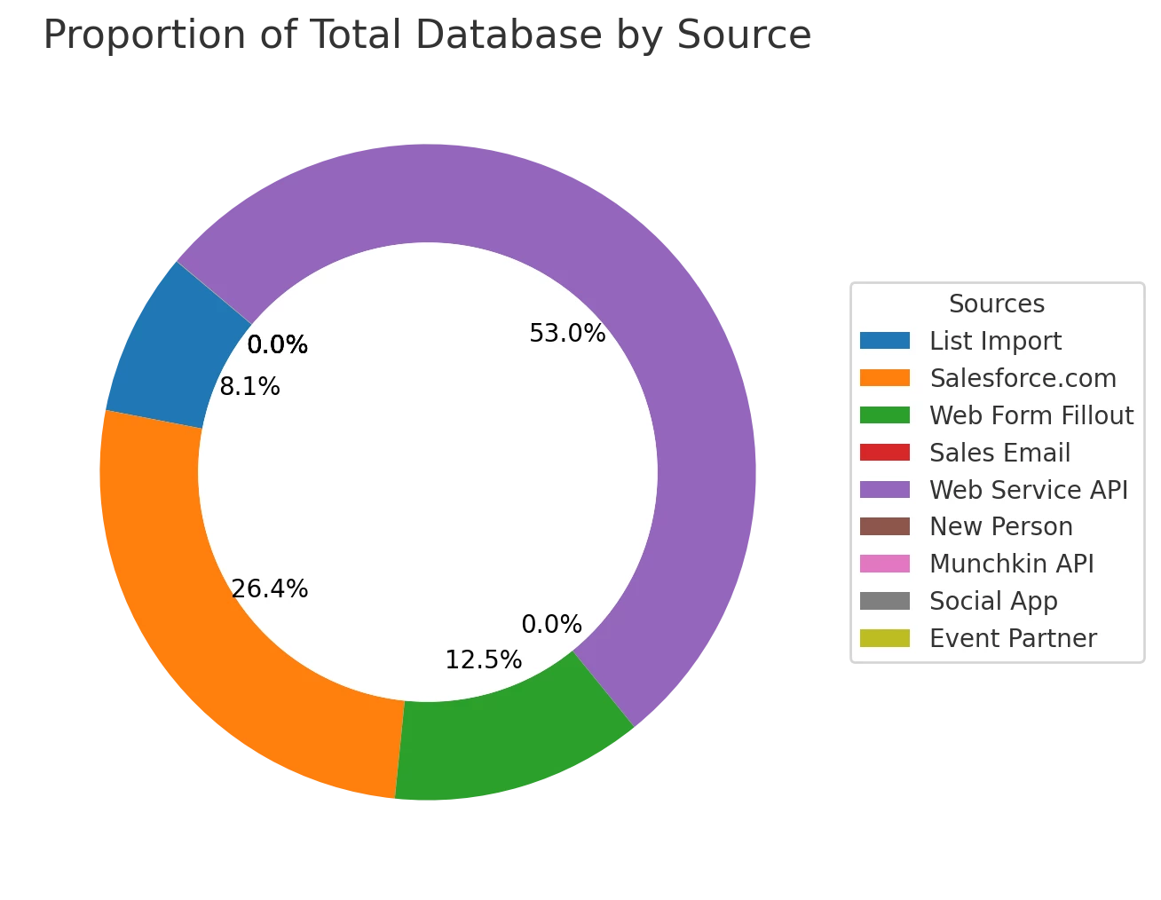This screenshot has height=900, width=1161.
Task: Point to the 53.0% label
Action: tap(567, 334)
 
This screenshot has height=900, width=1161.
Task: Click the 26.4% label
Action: tap(270, 588)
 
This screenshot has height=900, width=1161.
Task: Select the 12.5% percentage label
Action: tap(484, 660)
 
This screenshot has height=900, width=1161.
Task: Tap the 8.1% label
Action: tap(250, 387)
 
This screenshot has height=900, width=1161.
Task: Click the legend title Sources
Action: tap(996, 304)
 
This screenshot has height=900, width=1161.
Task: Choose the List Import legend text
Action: tap(995, 341)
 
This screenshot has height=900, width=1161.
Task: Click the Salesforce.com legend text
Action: tap(1023, 378)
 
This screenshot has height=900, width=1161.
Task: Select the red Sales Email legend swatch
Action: tap(885, 453)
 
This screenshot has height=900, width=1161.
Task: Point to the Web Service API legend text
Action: tap(1028, 490)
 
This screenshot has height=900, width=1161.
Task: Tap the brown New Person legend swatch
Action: tap(885, 526)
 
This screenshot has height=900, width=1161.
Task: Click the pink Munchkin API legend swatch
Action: tap(885, 564)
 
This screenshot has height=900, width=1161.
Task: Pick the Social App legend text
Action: tap(993, 601)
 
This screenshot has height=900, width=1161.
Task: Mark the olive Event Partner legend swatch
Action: tap(885, 638)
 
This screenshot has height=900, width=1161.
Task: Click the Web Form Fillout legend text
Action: tap(1031, 415)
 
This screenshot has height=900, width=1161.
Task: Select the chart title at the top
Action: tap(427, 36)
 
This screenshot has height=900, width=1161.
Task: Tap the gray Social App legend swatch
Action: tap(885, 601)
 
